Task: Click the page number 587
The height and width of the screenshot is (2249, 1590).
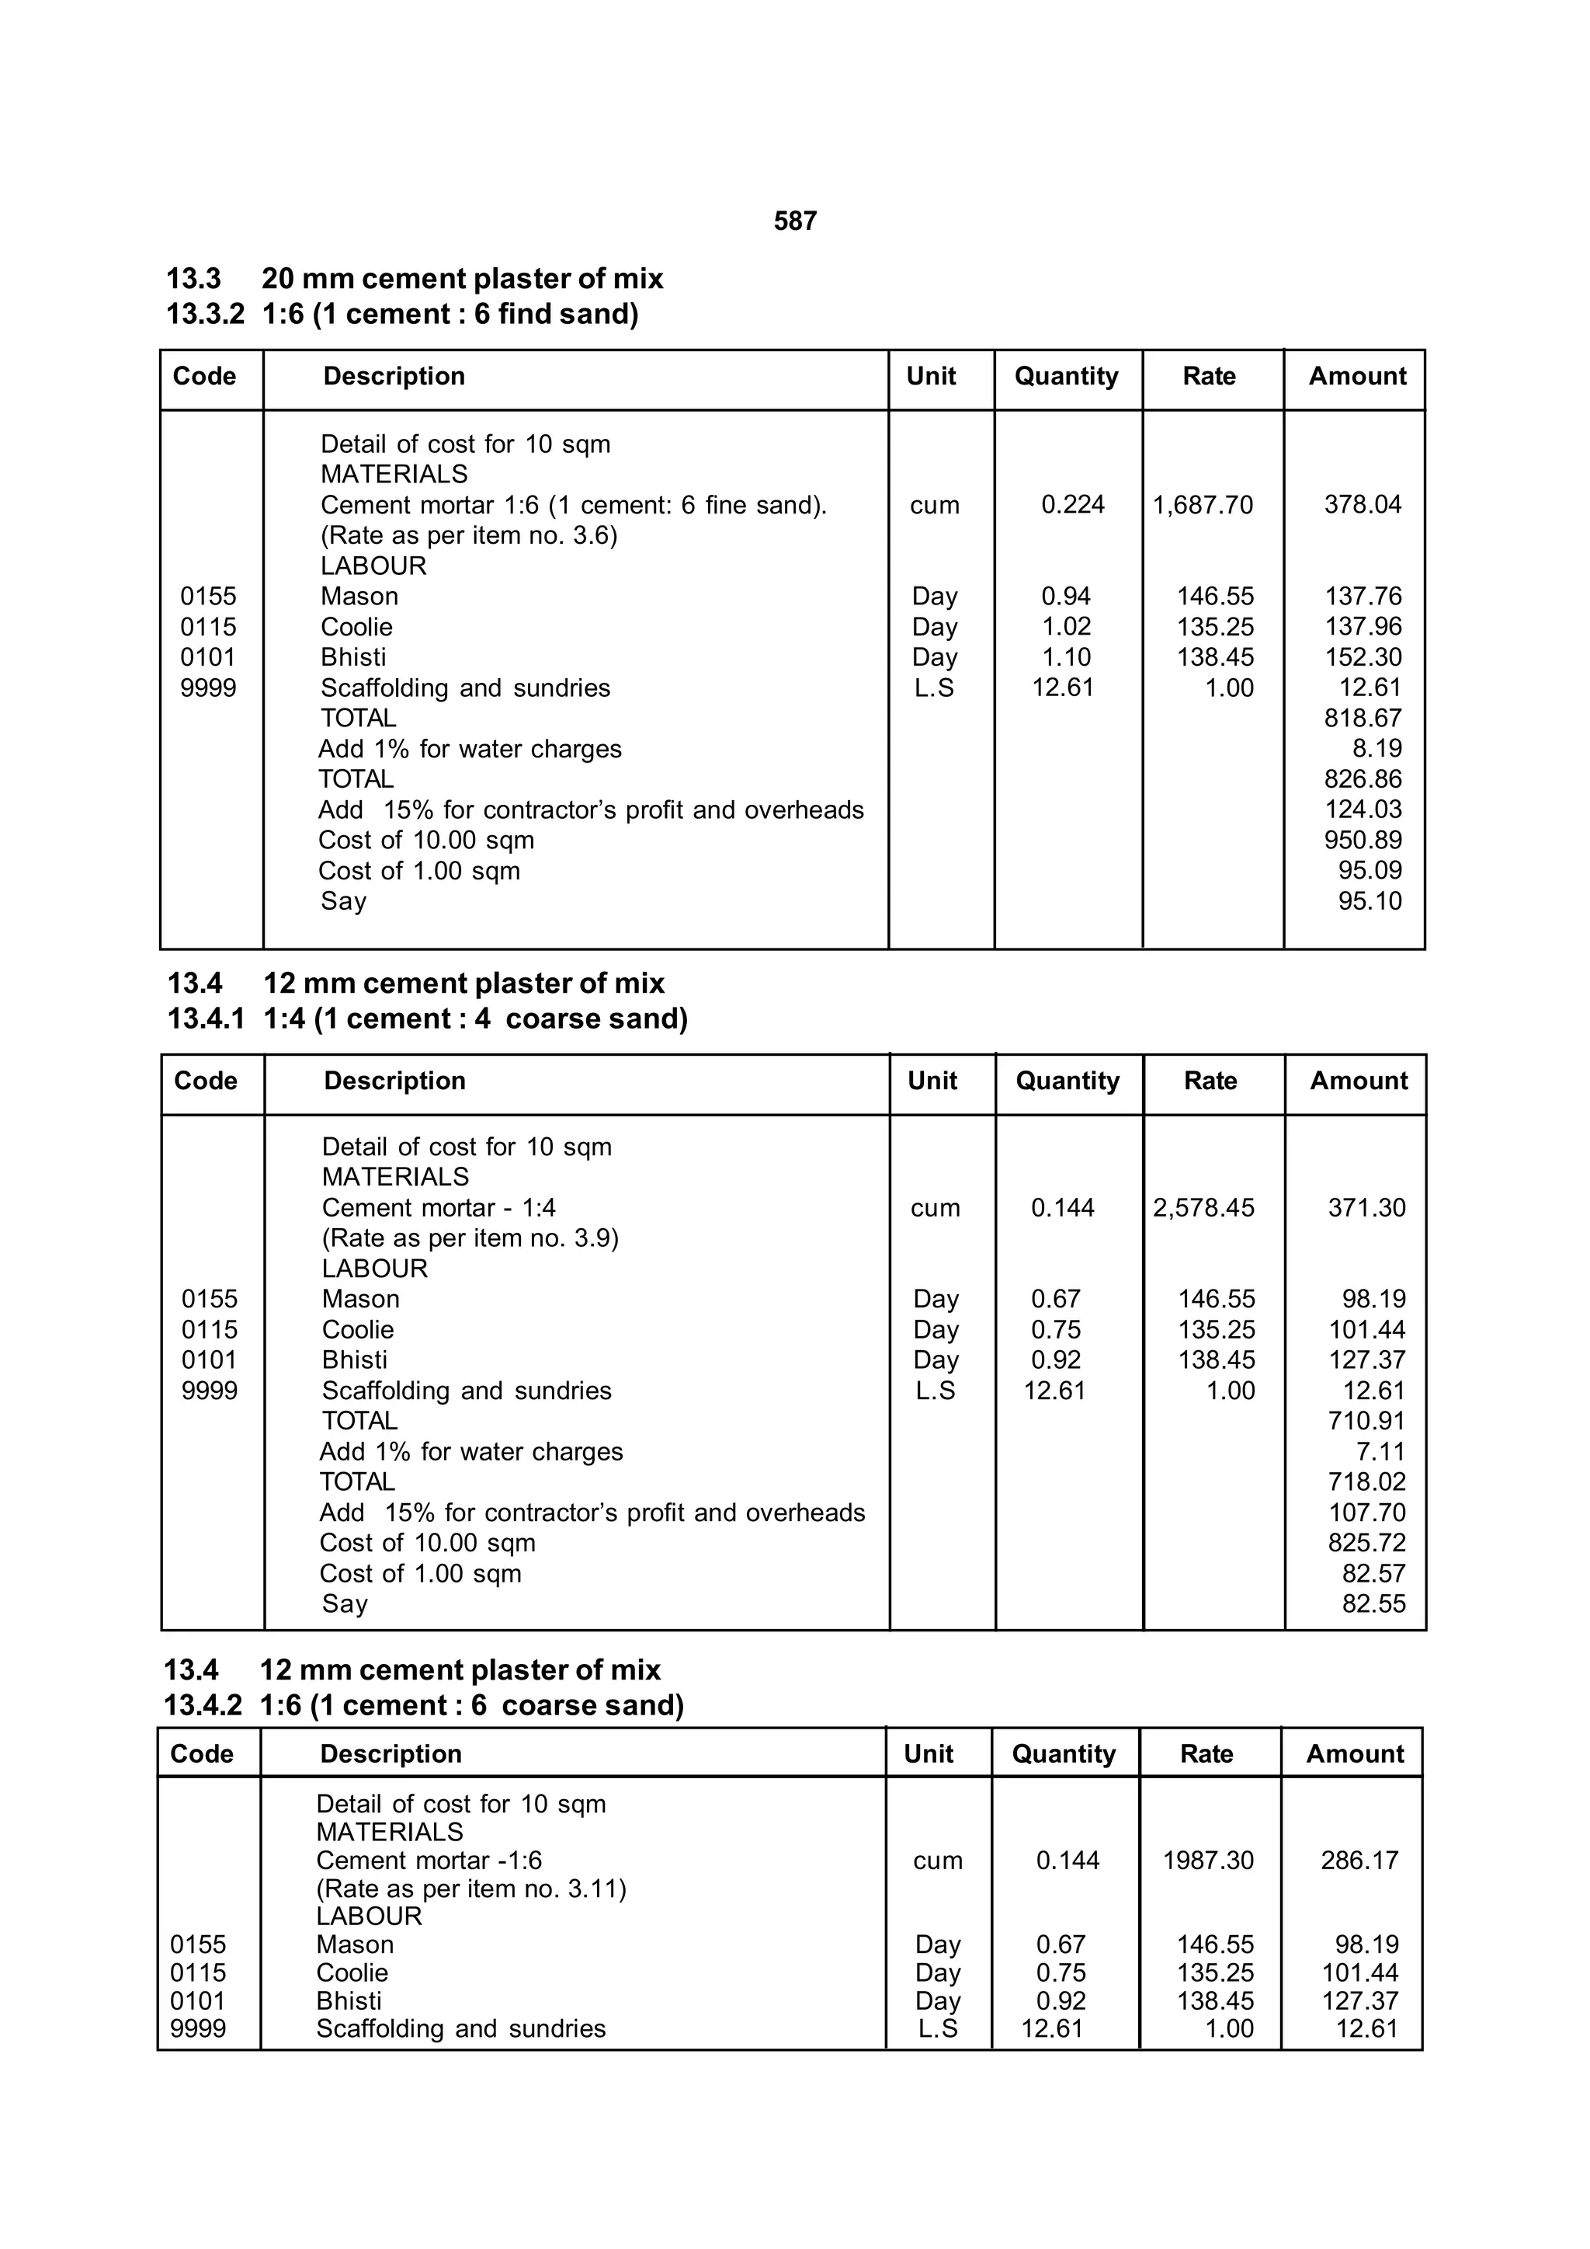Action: [795, 221]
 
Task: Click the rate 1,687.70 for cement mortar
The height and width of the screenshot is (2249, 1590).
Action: [1203, 506]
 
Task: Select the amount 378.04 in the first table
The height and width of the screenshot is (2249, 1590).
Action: [1362, 506]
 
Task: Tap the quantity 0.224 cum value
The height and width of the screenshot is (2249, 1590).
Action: [1072, 506]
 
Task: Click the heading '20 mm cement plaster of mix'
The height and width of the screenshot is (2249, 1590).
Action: [462, 279]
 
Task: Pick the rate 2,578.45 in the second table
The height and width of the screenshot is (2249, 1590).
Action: [1203, 1208]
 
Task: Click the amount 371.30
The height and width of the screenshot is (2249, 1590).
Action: [1366, 1208]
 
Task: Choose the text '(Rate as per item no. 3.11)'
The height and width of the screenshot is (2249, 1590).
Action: [471, 1889]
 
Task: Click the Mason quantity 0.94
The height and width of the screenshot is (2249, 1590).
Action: [1065, 597]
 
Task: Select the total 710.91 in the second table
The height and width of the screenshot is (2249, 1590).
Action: [1366, 1422]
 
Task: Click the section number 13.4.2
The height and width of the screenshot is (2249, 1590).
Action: [202, 1705]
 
